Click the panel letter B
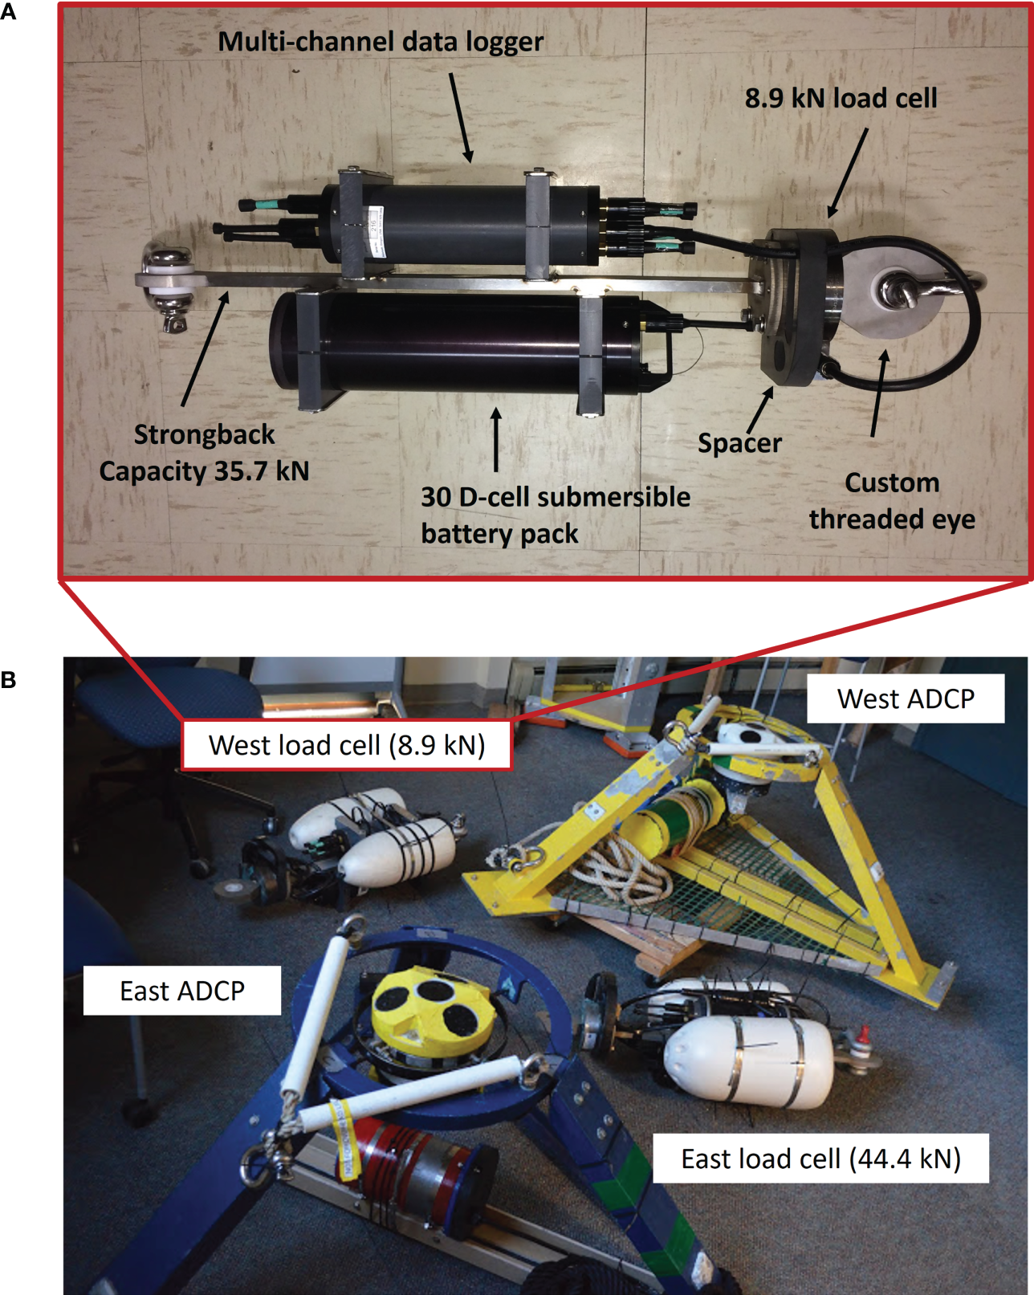point(9,680)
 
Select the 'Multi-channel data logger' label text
point(381,42)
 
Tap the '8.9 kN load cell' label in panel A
point(841,98)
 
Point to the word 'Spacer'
point(739,443)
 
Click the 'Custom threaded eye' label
point(892,501)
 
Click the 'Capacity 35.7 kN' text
point(204,471)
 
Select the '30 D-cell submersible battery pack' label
point(554,515)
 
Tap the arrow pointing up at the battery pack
point(496,439)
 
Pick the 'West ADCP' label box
point(906,698)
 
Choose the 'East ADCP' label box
point(182,991)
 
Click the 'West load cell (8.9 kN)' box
point(347,745)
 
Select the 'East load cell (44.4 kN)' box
point(820,1159)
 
